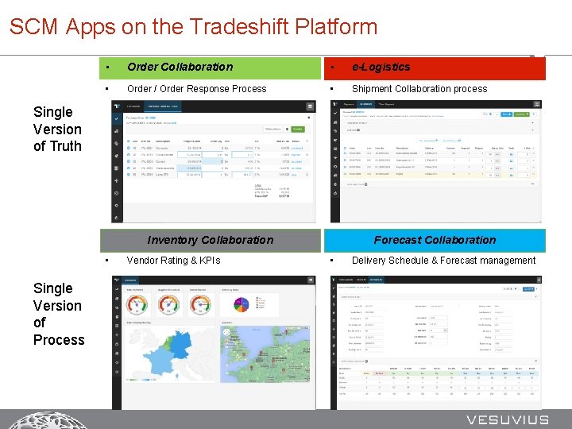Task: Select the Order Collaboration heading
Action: pos(180,67)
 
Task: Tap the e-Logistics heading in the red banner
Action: pos(381,67)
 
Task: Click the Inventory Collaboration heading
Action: pos(210,240)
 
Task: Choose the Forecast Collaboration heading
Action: pos(435,240)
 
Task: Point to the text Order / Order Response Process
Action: pos(196,88)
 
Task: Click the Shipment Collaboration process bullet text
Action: pos(419,88)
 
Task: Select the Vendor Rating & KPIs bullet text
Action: pos(173,260)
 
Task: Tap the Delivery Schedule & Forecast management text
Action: pos(443,260)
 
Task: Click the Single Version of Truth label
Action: pos(57,129)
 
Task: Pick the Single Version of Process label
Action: pos(58,314)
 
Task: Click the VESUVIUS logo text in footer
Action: pos(507,419)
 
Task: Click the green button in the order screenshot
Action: pos(297,129)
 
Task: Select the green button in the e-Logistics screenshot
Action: pos(521,114)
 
